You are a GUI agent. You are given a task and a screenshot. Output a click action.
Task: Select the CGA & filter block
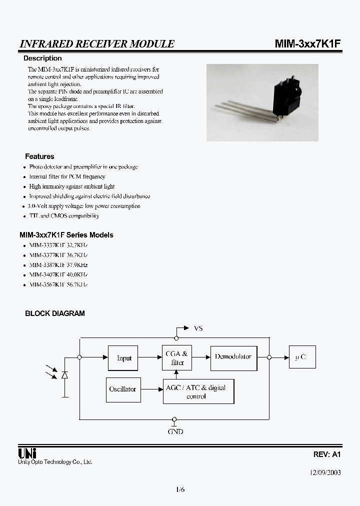177,357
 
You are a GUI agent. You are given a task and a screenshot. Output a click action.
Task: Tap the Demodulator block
233,357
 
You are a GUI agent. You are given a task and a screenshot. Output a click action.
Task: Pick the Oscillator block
122,389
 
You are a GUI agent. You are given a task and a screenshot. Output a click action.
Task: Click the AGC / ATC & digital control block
198,391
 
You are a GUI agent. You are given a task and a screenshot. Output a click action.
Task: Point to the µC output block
302,357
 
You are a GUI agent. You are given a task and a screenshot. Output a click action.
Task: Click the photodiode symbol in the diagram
64,374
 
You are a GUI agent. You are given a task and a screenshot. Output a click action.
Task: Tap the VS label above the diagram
198,328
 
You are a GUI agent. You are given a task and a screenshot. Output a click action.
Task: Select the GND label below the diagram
175,431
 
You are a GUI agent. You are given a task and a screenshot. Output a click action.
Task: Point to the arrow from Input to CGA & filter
150,357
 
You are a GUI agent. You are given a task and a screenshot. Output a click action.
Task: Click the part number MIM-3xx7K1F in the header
307,44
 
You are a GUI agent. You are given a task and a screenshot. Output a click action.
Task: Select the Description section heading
42,58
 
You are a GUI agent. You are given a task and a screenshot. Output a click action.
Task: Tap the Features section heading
39,156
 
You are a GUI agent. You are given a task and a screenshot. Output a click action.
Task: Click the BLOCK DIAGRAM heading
55,313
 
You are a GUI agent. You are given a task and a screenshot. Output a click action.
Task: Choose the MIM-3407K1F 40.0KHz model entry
58,274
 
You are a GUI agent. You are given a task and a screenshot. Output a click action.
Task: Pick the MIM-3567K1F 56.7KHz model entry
58,284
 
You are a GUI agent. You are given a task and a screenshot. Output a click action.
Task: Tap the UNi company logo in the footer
26,453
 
